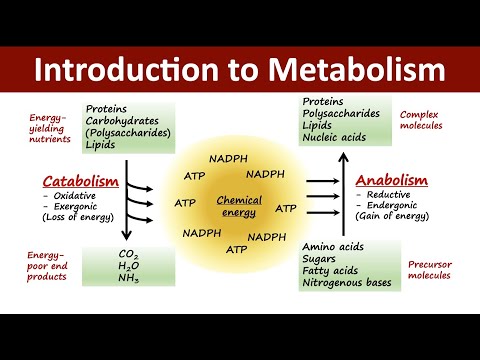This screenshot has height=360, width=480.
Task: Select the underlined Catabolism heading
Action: [81, 181]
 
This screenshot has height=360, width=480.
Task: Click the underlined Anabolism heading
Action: [392, 180]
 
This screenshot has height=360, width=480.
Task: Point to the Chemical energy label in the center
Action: [240, 205]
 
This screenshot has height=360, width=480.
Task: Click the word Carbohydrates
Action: [128, 121]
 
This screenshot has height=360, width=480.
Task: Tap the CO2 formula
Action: [129, 254]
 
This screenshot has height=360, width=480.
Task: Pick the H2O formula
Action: [129, 268]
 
